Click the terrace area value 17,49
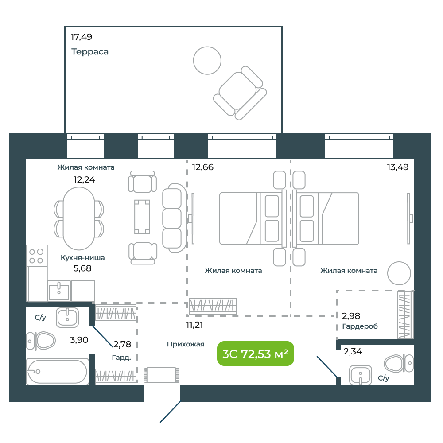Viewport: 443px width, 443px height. (x=82, y=37)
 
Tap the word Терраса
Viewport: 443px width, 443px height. (x=90, y=52)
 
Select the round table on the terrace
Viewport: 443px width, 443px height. (x=207, y=60)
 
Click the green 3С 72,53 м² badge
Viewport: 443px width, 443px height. (x=256, y=354)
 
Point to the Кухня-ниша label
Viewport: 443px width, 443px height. (x=83, y=258)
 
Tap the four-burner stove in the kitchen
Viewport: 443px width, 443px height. (x=36, y=256)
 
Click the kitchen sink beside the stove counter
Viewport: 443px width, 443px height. (x=59, y=291)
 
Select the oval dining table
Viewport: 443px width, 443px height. (x=79, y=218)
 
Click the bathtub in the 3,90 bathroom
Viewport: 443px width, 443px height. (x=58, y=372)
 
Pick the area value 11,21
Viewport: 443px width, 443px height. (x=194, y=325)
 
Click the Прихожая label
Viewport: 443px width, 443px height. (x=186, y=344)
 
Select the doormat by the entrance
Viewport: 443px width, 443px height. (x=162, y=375)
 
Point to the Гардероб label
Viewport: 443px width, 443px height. (x=360, y=326)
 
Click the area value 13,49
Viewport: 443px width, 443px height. (x=398, y=167)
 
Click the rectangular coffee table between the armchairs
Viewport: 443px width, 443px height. (x=142, y=217)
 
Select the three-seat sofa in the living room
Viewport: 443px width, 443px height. (x=174, y=218)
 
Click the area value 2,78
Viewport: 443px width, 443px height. (x=122, y=344)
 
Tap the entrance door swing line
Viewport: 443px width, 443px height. (x=170, y=412)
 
